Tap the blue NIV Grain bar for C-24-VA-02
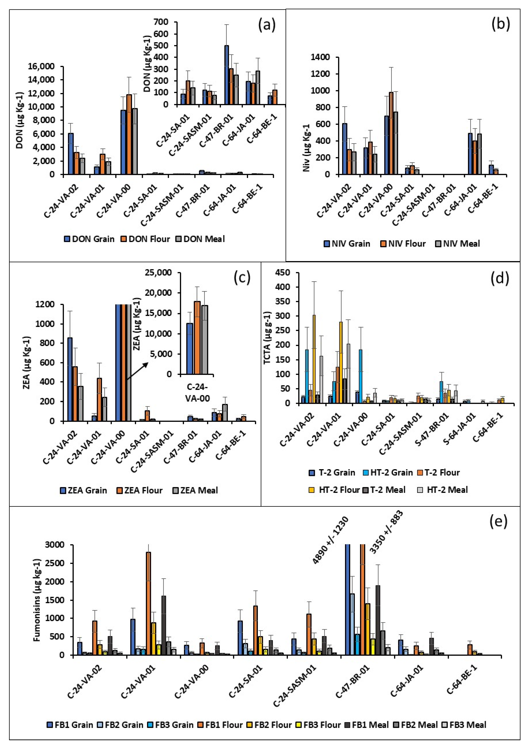point(344,149)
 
